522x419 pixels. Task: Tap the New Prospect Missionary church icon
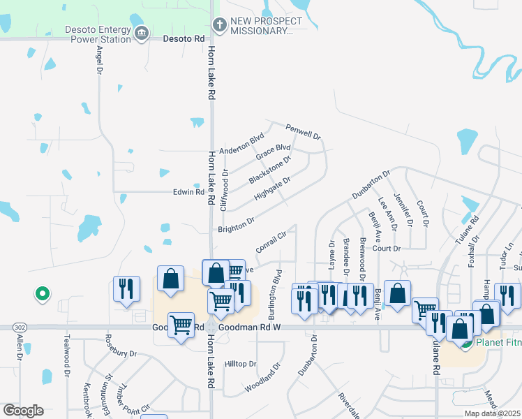[220, 27]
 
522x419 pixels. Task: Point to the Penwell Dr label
[303, 131]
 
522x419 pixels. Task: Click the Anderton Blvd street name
[242, 142]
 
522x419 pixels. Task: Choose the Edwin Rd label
[188, 192]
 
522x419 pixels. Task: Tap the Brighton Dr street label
[236, 226]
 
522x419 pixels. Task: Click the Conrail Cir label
[271, 242]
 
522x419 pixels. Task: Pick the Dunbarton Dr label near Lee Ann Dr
[371, 185]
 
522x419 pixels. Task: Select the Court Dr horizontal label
[386, 249]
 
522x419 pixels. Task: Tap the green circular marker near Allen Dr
[42, 295]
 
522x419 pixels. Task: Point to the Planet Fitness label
[498, 343]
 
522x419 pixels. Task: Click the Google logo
[23, 411]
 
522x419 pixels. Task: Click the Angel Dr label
[98, 64]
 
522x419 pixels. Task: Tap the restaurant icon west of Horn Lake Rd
[126, 288]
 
